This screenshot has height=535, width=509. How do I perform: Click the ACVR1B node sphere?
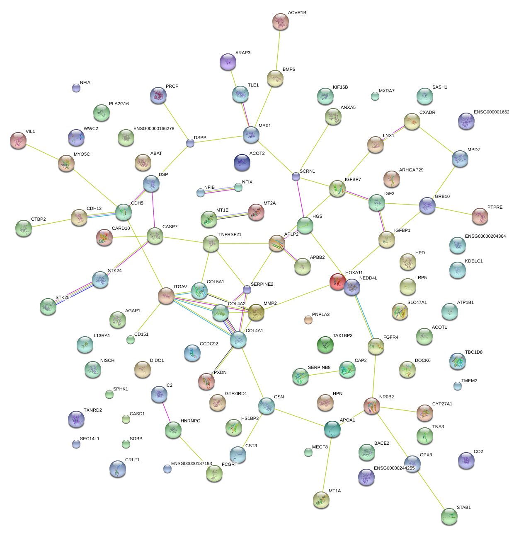point(281,22)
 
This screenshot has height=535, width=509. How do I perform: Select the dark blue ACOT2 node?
point(242,162)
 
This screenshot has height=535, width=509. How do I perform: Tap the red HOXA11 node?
point(338,282)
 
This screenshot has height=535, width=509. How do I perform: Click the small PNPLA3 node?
point(308,319)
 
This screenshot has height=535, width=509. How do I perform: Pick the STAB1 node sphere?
point(449,516)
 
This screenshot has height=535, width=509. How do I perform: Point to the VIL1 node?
point(18,140)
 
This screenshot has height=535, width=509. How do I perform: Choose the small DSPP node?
point(190,143)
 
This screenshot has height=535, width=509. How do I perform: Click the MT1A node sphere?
point(321,500)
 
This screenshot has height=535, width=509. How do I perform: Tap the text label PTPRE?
point(495,207)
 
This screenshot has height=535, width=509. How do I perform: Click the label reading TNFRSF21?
point(230,234)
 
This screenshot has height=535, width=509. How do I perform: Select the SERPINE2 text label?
point(262,284)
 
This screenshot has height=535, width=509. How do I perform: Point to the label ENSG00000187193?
point(191,463)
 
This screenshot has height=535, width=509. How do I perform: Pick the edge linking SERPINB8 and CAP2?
point(324,374)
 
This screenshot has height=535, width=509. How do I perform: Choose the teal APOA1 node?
point(332,429)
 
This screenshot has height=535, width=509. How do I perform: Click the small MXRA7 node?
point(375,96)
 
